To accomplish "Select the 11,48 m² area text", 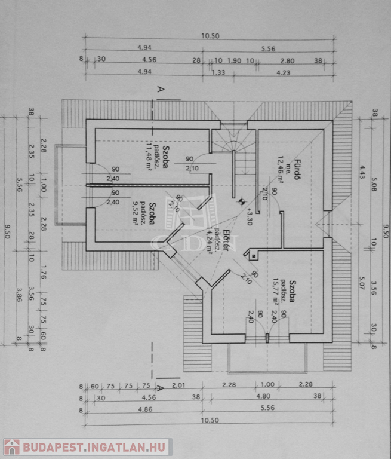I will pos(147,158).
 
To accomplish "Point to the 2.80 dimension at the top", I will pos(287,60).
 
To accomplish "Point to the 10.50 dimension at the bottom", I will pos(210,420).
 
